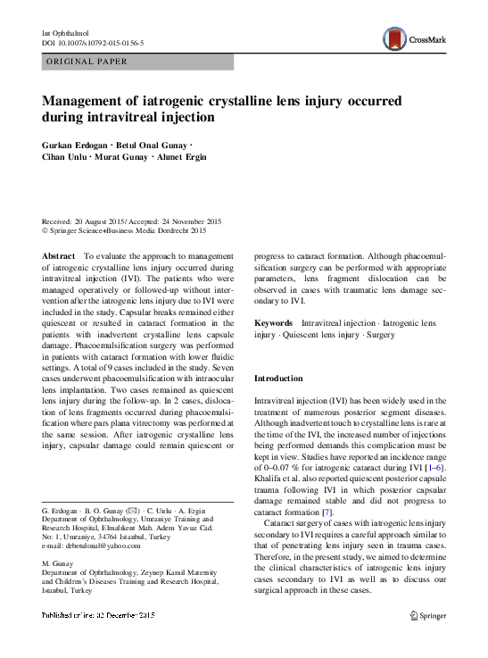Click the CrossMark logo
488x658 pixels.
point(413,38)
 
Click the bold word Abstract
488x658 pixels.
point(60,255)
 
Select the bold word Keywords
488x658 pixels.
point(272,322)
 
